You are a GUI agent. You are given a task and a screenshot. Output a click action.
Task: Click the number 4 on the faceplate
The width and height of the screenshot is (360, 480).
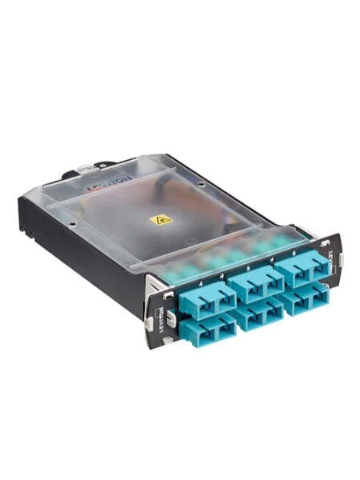pos(198,282)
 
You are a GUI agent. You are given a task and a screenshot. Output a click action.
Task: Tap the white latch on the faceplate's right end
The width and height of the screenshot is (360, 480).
pos(339,258)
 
